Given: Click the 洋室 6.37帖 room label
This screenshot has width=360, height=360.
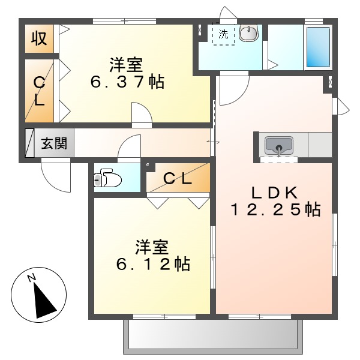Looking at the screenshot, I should click(128, 73).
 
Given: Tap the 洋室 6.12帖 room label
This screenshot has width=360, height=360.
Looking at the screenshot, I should click(152, 254).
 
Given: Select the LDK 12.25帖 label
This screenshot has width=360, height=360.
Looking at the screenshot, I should click(275, 202).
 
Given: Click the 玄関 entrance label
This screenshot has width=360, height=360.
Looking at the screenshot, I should click(54, 143).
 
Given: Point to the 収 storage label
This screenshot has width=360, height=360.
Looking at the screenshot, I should click(40, 38).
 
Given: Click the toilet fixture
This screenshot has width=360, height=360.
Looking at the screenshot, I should click(108, 178).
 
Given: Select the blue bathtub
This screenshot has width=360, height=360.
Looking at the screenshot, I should click(318, 47).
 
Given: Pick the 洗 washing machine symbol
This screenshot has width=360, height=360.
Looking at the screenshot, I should click(223, 34).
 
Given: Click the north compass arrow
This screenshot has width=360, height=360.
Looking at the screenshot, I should click(41, 298).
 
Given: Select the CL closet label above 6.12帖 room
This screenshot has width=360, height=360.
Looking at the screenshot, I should click(178, 178).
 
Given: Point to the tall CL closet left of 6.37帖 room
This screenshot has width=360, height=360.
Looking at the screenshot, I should click(39, 90).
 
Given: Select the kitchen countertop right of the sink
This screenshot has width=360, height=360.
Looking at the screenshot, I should click(319, 145).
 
